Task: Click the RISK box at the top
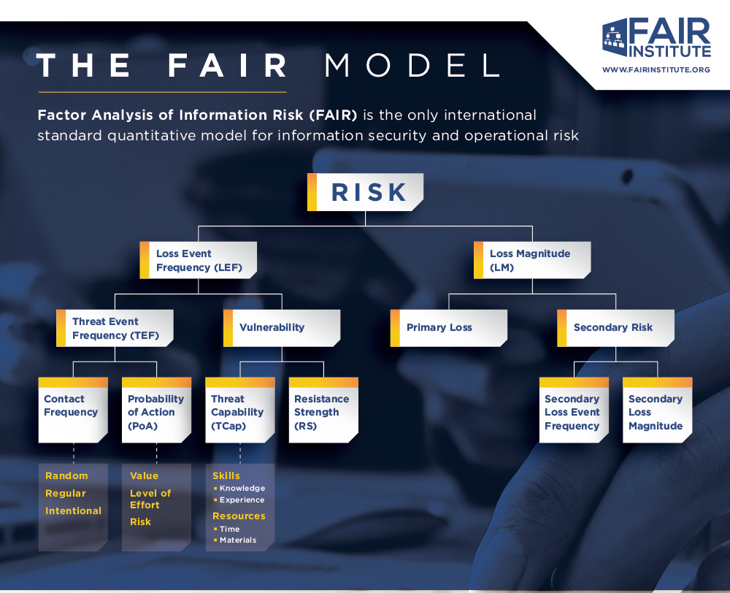point(366,192)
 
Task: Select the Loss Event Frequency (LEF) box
point(199,261)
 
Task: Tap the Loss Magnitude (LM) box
point(532,261)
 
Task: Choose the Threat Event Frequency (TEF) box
point(115,328)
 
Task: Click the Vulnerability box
point(282,328)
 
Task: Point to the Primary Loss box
point(449,328)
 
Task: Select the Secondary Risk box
point(615,328)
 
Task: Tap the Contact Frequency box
point(73,410)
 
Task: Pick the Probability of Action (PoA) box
point(156,410)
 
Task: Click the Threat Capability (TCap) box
point(240,410)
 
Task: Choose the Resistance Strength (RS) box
point(323,410)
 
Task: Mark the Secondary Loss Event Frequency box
point(574,410)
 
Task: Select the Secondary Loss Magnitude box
point(657,410)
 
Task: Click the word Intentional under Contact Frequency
point(73,511)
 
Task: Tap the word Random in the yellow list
point(66,476)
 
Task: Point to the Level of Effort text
point(150,499)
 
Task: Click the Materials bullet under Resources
point(238,540)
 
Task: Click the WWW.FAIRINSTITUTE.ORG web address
point(656,70)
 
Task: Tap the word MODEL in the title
point(412,66)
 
